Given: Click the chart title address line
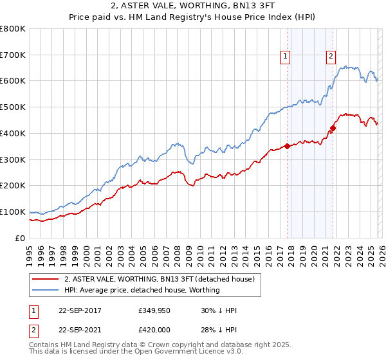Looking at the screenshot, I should click(x=193, y=6).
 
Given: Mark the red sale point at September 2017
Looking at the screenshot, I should click(x=287, y=146).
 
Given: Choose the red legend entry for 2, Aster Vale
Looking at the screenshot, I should click(x=160, y=279).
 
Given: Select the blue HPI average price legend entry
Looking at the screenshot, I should click(x=142, y=290).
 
